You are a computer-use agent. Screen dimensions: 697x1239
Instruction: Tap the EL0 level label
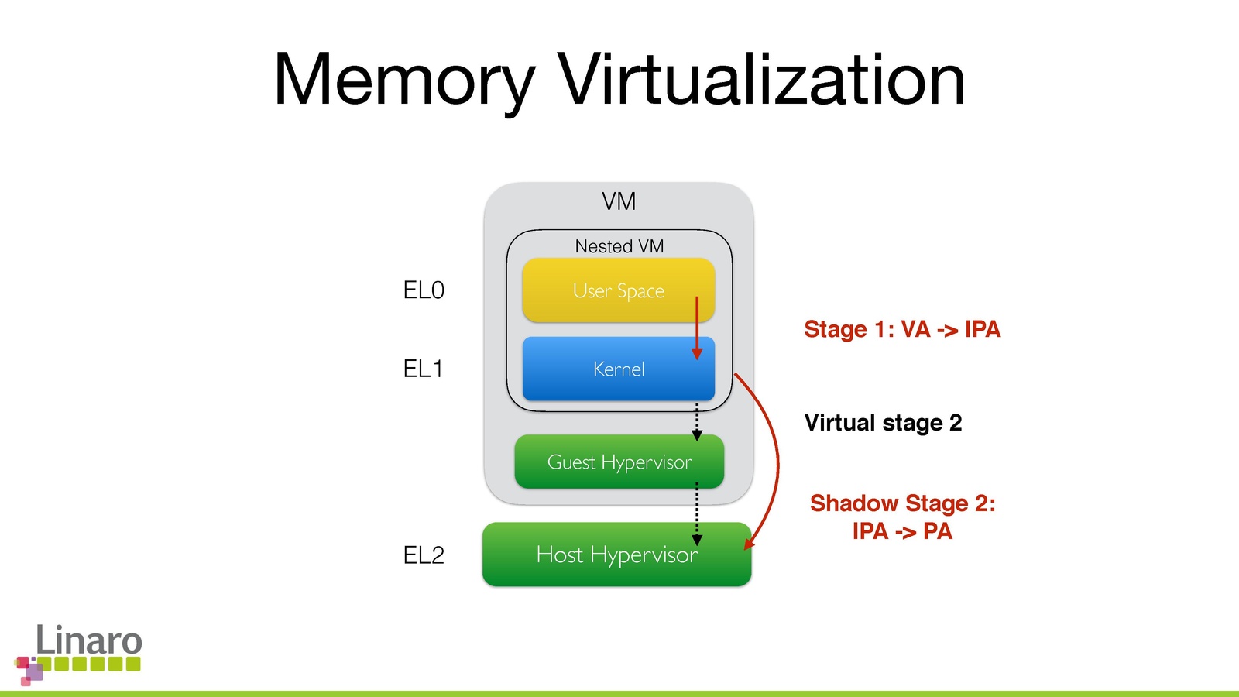click(x=424, y=290)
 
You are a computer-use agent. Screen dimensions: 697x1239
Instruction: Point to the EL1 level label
click(x=423, y=369)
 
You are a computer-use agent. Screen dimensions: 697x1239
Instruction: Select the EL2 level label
click(x=424, y=555)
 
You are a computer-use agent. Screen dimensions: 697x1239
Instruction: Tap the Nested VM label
click(x=619, y=246)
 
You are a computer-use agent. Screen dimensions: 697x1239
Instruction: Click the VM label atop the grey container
click(x=619, y=201)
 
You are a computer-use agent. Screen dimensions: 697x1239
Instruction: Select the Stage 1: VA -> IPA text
click(x=902, y=329)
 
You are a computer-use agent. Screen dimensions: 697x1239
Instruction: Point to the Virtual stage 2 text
click(x=883, y=423)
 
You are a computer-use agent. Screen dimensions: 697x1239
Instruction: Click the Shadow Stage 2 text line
click(x=902, y=503)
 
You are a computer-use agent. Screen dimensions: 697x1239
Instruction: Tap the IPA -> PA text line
click(x=902, y=531)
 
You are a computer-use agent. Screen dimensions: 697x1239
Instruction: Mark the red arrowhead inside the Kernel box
click(x=697, y=353)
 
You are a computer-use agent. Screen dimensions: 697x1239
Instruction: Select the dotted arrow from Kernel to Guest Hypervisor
click(x=697, y=421)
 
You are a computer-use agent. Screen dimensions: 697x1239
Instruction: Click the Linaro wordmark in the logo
click(x=89, y=640)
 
